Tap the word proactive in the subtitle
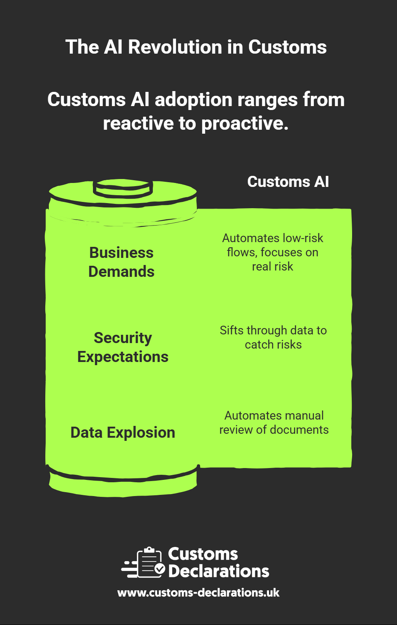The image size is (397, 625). pos(245,123)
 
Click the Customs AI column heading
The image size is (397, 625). pos(288,182)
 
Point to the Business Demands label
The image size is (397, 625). pos(121,262)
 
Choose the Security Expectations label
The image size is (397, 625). pos(123,347)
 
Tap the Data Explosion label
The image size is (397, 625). pos(123,433)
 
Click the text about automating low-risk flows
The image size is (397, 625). pos(273,252)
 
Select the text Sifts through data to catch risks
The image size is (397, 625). pos(273,338)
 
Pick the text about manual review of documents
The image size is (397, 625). pos(274,423)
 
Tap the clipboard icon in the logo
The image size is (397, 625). pos(149,563)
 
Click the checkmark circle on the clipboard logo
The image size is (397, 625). pos(160,569)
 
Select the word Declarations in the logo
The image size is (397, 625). pos(219,571)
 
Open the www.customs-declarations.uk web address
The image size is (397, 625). pos(198,593)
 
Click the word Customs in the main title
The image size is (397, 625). pos(287,47)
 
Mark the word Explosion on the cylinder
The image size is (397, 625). pos(141,433)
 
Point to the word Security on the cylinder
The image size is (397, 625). pos(123,338)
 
